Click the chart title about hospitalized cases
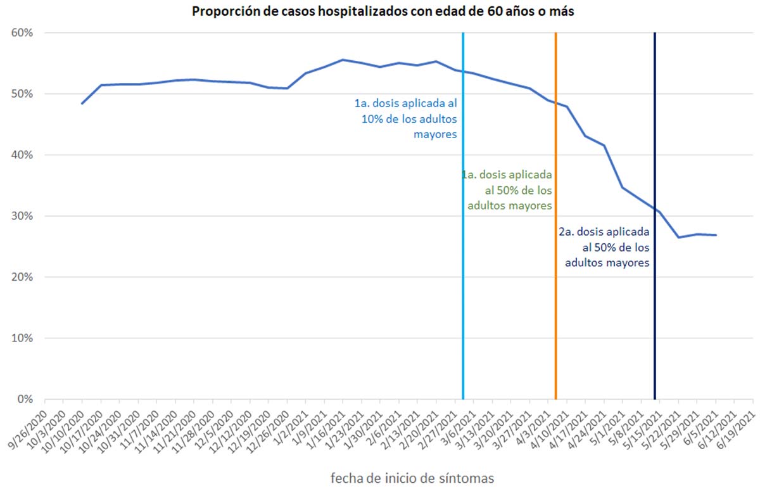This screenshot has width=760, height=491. (383, 12)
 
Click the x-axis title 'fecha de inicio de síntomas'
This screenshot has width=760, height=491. (412, 477)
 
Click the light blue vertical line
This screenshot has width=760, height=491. (463, 253)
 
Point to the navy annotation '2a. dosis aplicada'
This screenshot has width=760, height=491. (604, 247)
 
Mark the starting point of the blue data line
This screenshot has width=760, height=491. (82, 103)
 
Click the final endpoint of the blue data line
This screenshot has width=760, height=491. (716, 235)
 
